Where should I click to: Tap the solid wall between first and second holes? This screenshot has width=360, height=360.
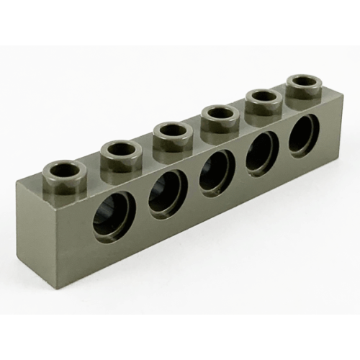141,209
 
